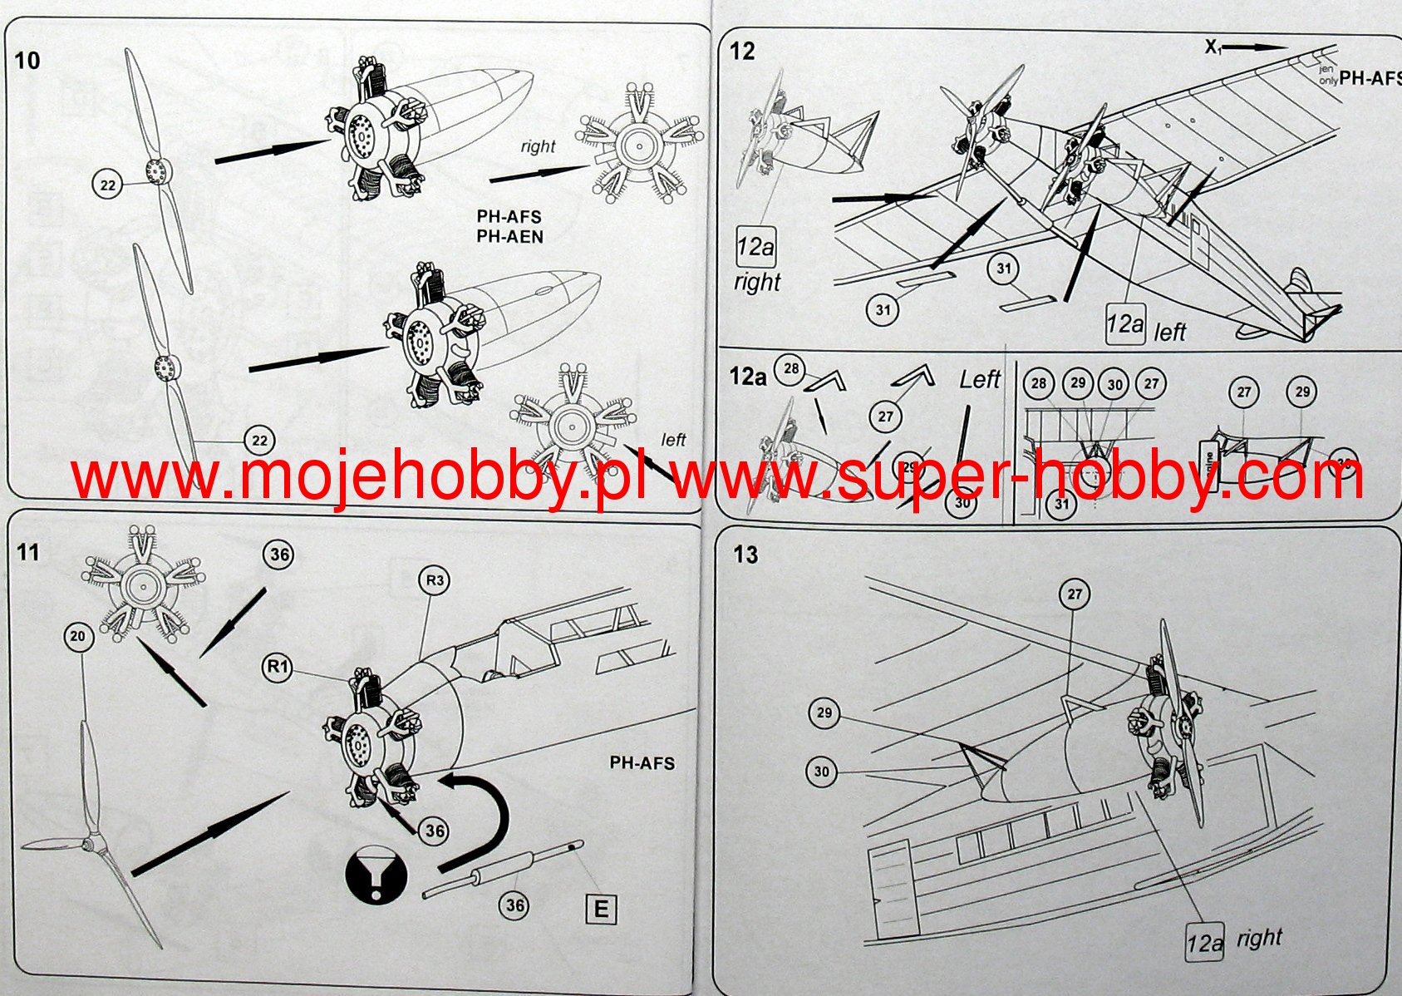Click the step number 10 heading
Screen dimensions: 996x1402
click(27, 61)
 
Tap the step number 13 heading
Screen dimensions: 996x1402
click(745, 555)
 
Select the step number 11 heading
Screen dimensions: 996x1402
click(27, 553)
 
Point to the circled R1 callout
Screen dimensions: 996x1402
click(278, 667)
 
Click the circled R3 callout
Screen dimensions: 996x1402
click(435, 580)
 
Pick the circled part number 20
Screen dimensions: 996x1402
click(77, 637)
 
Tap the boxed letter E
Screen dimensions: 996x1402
click(601, 909)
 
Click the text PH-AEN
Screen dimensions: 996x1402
click(509, 237)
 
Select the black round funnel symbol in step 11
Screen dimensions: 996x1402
click(376, 874)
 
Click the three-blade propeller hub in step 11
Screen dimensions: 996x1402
click(88, 844)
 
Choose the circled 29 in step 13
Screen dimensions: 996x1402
click(824, 713)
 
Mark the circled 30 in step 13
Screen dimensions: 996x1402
click(821, 772)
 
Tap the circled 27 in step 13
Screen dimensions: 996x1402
click(1075, 594)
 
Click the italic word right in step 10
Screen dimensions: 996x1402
click(538, 147)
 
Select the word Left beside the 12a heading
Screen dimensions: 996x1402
click(980, 380)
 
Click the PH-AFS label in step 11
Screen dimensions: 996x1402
click(642, 763)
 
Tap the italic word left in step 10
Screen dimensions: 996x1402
click(673, 440)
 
